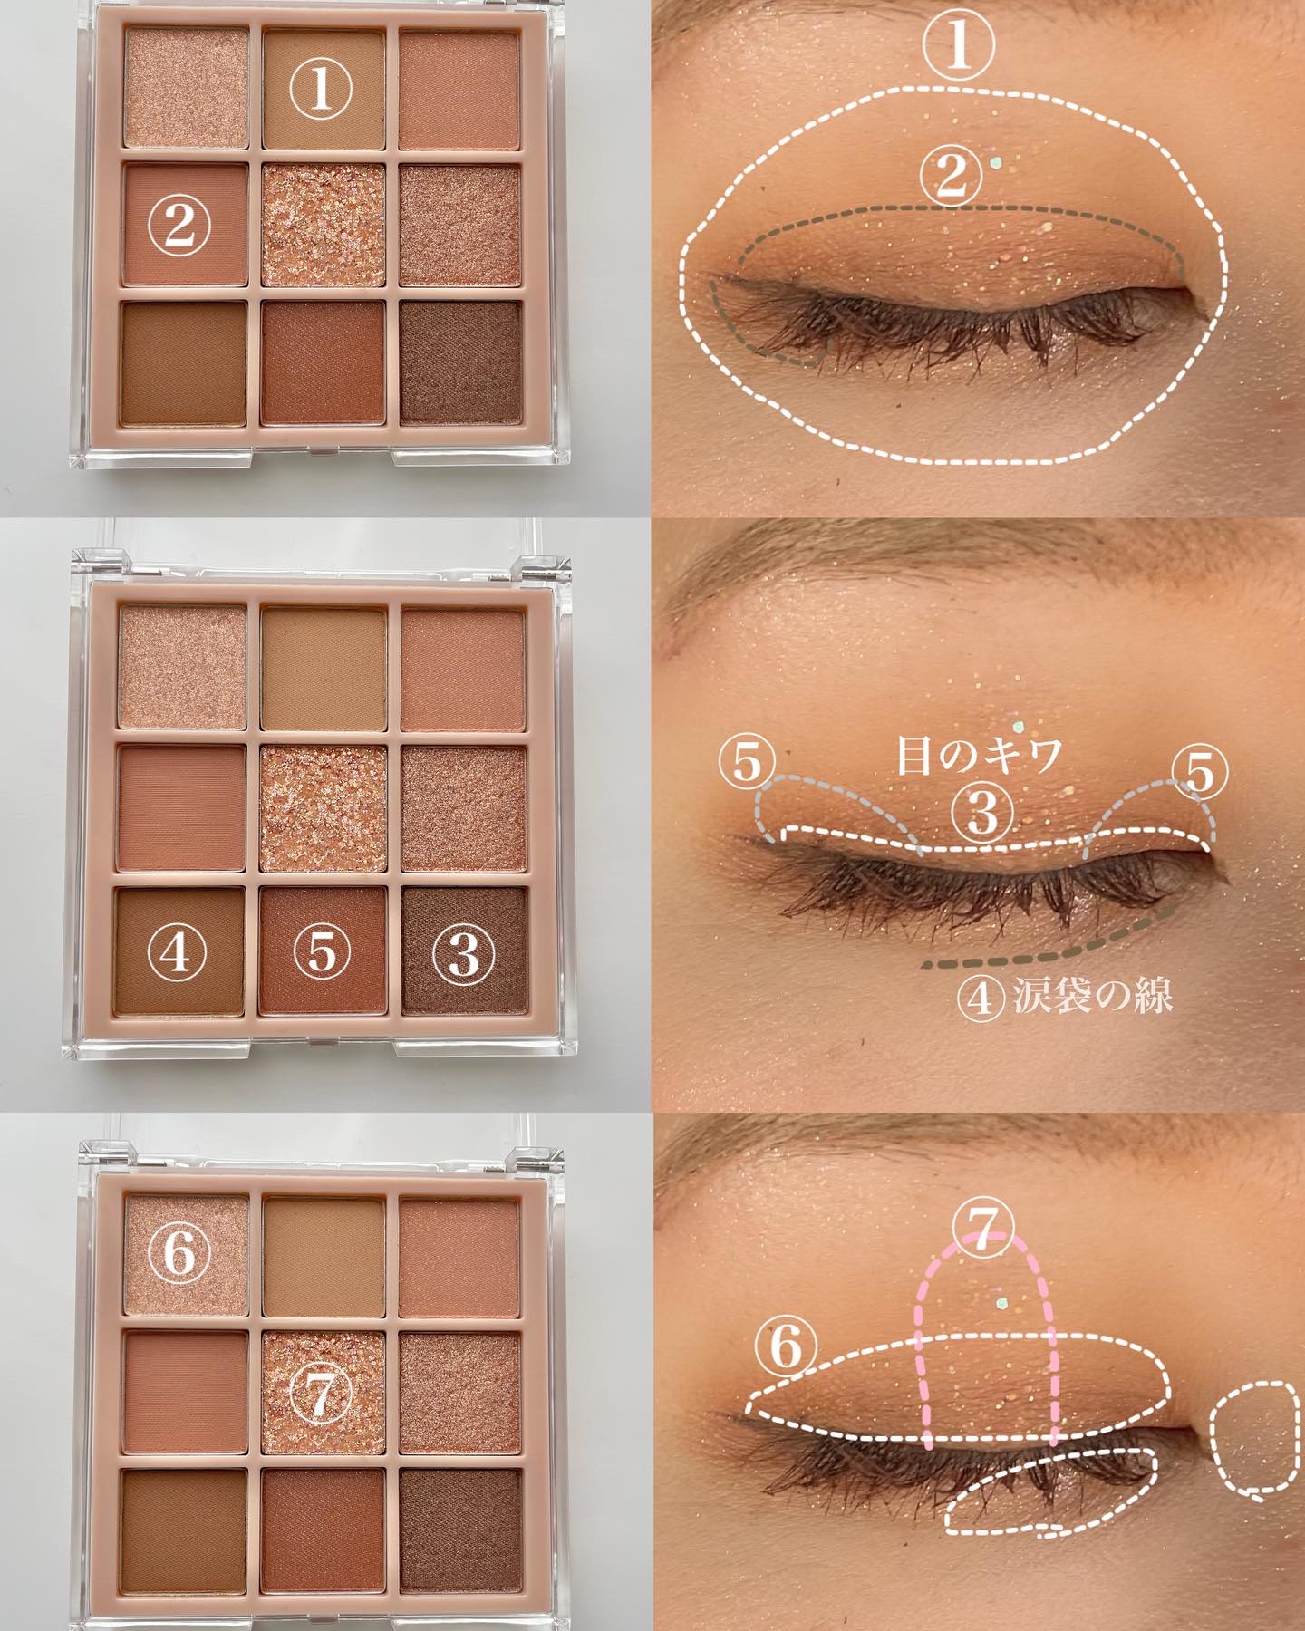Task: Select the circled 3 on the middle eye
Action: coord(981,813)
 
